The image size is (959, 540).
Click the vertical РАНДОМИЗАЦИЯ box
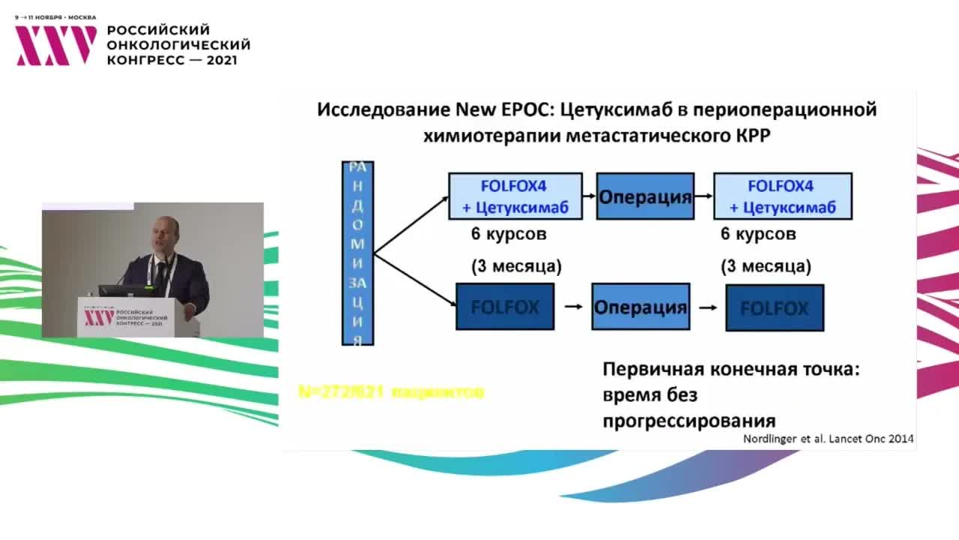pyautogui.click(x=358, y=253)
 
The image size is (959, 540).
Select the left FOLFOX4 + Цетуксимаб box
pyautogui.click(x=515, y=196)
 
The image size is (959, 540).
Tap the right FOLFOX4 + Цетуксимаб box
pyautogui.click(x=782, y=196)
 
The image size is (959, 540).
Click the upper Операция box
pyautogui.click(x=644, y=197)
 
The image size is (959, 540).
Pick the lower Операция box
pyautogui.click(x=640, y=307)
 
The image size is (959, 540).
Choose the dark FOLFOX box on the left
pyautogui.click(x=505, y=307)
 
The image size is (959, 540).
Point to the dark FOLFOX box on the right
pyautogui.click(x=774, y=307)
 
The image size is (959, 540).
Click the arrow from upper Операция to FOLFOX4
pyautogui.click(x=703, y=196)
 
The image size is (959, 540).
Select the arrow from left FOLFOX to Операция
pyautogui.click(x=572, y=307)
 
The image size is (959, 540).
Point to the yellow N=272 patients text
pyautogui.click(x=390, y=391)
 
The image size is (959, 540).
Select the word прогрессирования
pyautogui.click(x=689, y=420)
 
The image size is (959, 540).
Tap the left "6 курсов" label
pyautogui.click(x=509, y=234)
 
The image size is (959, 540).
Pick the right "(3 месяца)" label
pyautogui.click(x=766, y=266)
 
